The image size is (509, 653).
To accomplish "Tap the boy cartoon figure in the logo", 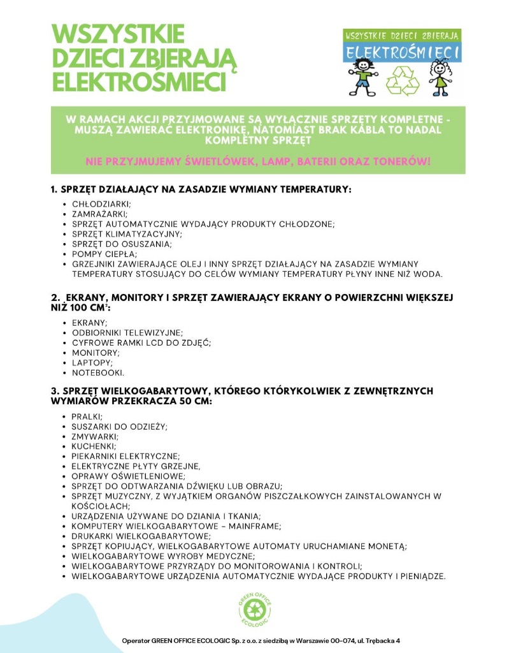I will tap(363, 76).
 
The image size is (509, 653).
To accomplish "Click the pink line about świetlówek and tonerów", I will tap(258, 161).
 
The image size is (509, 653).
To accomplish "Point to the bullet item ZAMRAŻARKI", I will tap(99, 214).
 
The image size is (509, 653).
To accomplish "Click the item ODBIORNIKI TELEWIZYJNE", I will tap(127, 332).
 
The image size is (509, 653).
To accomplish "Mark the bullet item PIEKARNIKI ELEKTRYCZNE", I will tap(125, 456).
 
